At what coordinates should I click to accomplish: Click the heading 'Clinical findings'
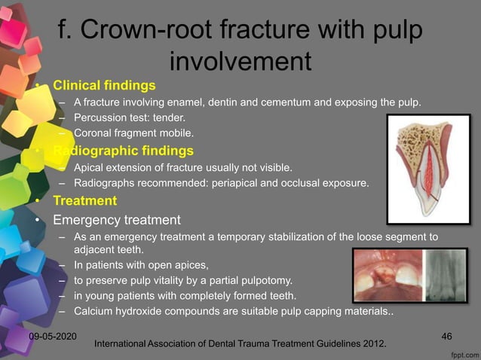[x=104, y=84]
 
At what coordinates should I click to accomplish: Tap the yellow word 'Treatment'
[x=84, y=201]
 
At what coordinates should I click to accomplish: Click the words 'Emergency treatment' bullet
[x=116, y=221]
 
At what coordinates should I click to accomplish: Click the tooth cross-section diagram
[x=427, y=169]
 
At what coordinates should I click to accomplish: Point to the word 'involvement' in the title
[x=240, y=58]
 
